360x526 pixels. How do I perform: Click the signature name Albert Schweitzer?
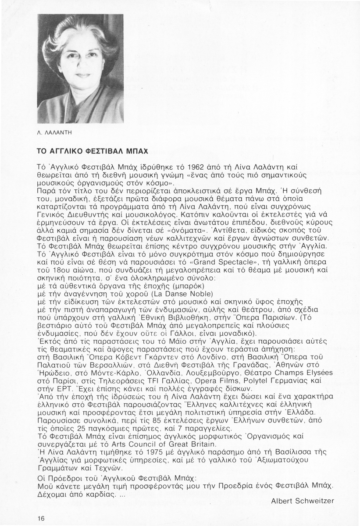click(303, 501)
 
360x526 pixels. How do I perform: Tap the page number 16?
click(41, 519)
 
